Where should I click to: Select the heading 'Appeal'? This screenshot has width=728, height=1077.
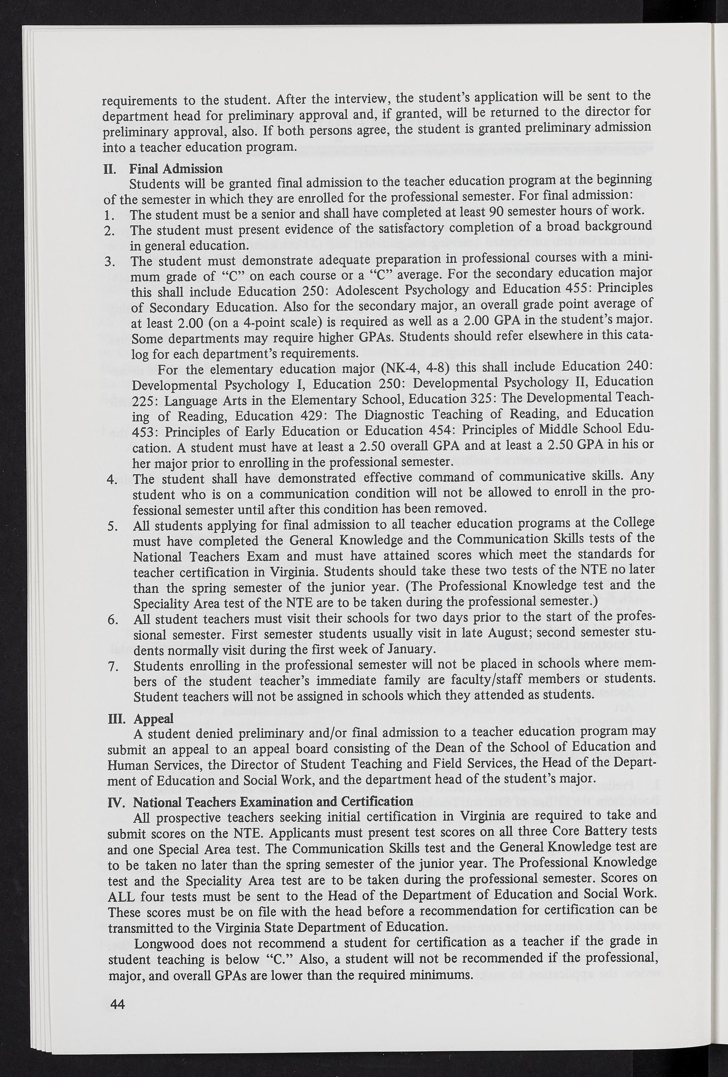point(153,718)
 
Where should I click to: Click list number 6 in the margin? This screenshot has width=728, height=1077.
point(113,620)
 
